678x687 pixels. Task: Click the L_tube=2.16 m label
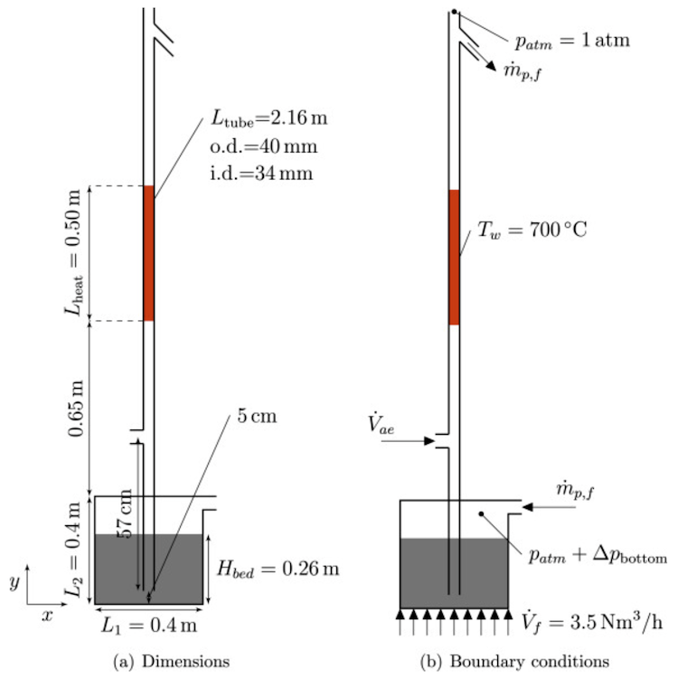point(268,118)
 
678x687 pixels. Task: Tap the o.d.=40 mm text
point(264,146)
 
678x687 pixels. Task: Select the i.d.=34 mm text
point(261,174)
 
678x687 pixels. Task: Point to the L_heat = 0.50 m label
point(73,252)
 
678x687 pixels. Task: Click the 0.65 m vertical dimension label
point(75,409)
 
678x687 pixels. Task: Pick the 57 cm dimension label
point(125,513)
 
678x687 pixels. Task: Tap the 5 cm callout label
point(258,416)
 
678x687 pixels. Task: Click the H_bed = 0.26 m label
point(278,569)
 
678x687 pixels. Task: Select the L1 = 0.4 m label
point(149,626)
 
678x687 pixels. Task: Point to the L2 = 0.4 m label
point(73,550)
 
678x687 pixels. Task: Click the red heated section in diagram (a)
point(148,253)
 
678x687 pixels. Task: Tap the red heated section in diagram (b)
point(454,258)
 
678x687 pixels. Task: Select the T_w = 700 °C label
point(532,230)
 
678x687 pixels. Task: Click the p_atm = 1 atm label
point(572,42)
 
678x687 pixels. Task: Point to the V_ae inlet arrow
point(408,441)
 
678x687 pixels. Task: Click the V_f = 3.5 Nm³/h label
point(592,621)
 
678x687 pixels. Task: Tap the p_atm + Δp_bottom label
point(598,556)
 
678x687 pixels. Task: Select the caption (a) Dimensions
point(172,661)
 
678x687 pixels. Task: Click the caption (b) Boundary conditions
point(514,661)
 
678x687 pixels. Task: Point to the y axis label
point(14,583)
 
